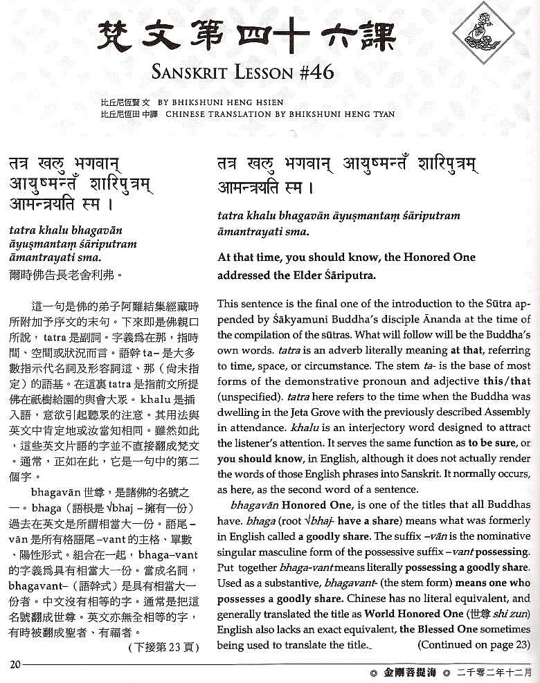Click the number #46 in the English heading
coord(311,71)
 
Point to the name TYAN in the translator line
coord(379,113)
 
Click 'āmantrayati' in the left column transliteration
coord(40,257)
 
